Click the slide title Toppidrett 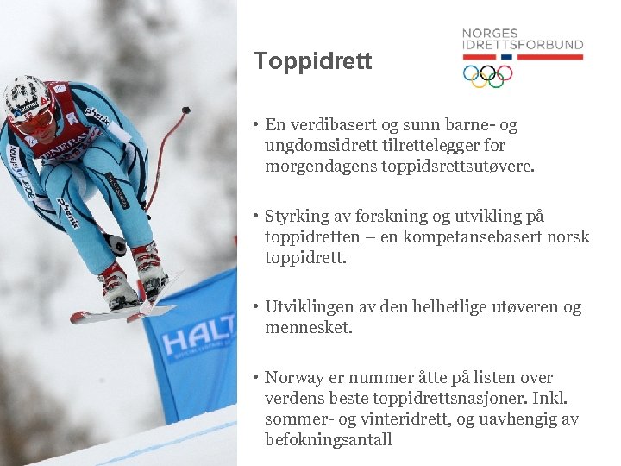[312, 62]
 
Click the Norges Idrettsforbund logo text [522, 39]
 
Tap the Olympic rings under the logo [488, 76]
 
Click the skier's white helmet [25, 94]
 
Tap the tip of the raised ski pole [185, 110]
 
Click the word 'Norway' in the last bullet [292, 378]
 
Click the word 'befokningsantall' [329, 440]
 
